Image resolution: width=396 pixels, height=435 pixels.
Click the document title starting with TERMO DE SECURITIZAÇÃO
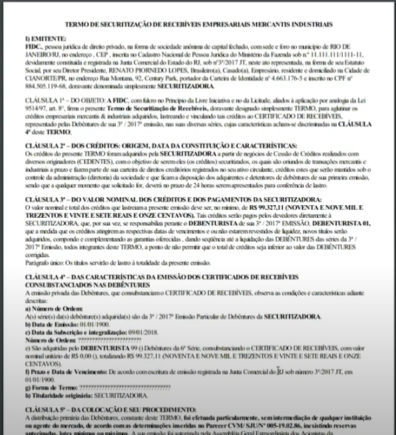tap(198, 25)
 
